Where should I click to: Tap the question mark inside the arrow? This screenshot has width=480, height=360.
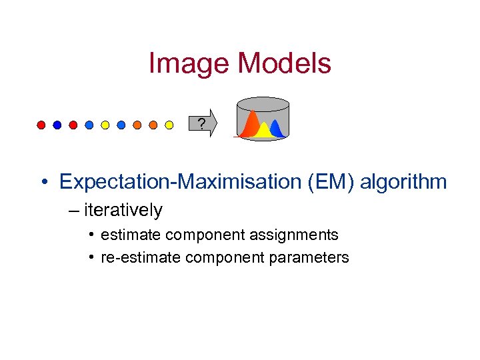(x=201, y=123)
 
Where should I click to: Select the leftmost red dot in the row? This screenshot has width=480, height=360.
(x=41, y=125)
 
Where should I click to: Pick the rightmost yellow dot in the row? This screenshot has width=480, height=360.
(x=169, y=125)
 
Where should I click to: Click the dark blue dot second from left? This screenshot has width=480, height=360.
(x=57, y=125)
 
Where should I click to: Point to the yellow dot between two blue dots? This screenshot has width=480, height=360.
(x=105, y=125)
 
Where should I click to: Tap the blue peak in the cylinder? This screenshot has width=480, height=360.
(x=277, y=127)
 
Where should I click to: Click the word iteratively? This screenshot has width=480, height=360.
(x=123, y=210)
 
